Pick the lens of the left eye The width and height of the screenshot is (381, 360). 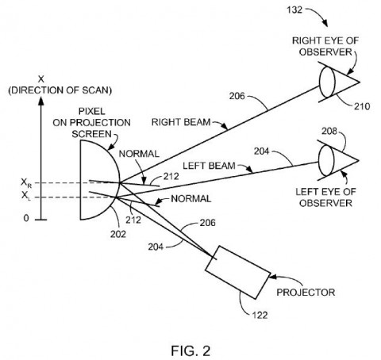pyautogui.click(x=326, y=159)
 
